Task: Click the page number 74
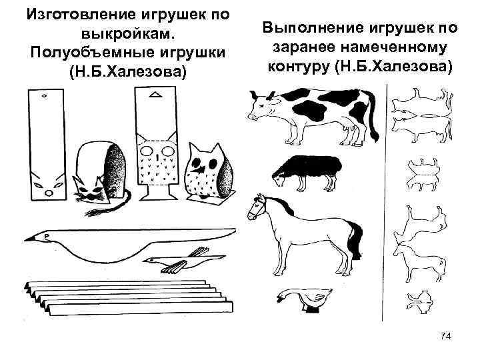446,337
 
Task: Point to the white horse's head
255,209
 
